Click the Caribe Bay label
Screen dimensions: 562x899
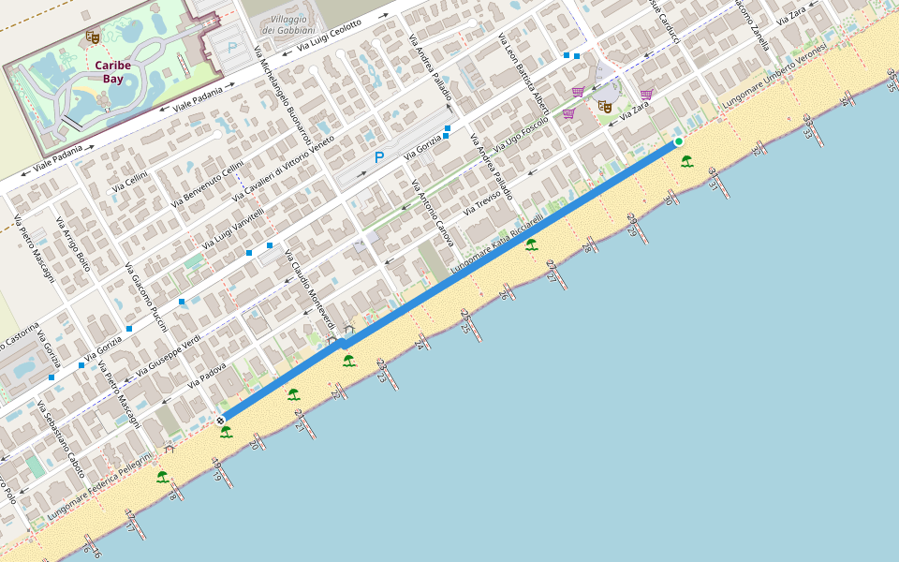[112, 72]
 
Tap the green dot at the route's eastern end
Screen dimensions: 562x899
[678, 141]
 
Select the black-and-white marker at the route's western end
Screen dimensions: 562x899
[221, 421]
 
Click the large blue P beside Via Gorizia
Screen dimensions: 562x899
[379, 157]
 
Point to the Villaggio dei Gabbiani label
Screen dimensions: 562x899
[282, 25]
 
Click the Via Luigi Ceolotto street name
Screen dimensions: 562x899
[330, 37]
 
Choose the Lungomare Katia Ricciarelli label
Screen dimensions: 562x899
[496, 243]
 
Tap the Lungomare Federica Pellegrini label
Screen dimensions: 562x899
[97, 487]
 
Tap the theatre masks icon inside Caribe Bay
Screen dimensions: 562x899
[92, 37]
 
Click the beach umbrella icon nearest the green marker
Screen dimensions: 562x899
[687, 160]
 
